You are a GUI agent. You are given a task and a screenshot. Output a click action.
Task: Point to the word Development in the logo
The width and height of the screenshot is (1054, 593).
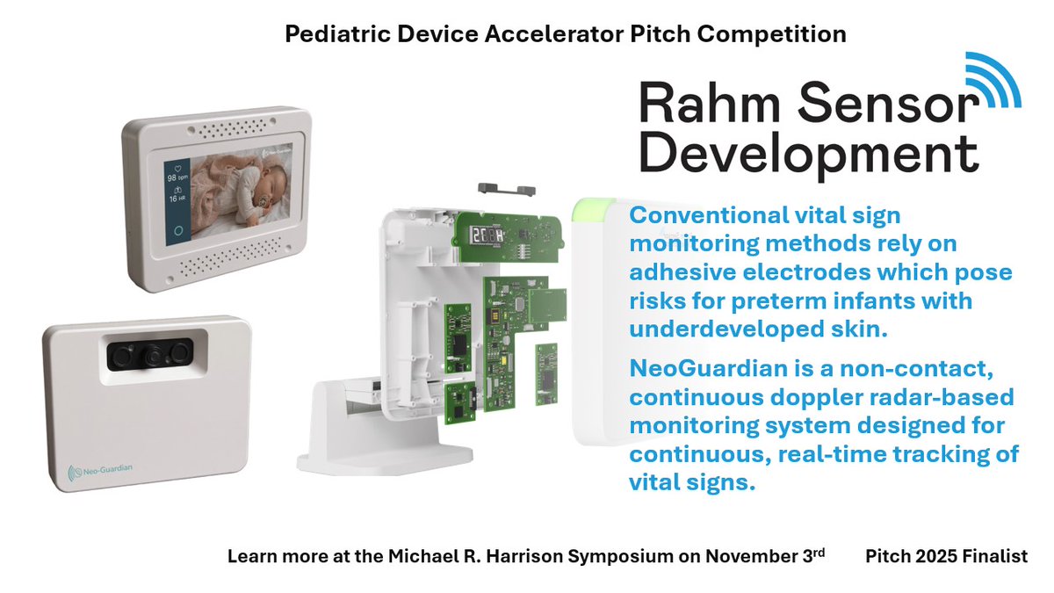808,153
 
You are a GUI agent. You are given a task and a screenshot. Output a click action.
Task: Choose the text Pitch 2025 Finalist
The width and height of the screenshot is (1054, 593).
946,557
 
